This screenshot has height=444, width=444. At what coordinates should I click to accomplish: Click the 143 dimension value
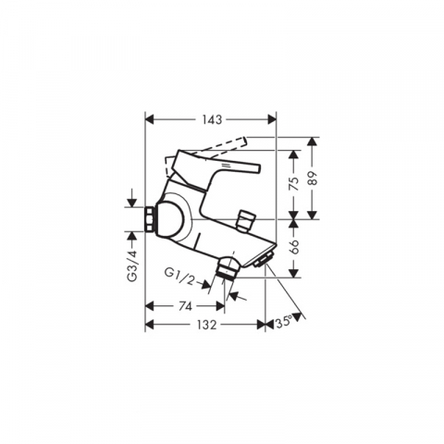point(212,119)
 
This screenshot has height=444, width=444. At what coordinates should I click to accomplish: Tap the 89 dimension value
point(313,178)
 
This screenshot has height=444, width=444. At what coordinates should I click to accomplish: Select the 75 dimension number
point(295,184)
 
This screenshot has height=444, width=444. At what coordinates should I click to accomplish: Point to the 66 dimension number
point(295,246)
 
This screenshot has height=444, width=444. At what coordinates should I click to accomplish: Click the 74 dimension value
point(185,306)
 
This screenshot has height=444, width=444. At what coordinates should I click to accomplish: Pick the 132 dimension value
point(206,325)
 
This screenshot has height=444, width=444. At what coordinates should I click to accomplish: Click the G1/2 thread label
point(180,276)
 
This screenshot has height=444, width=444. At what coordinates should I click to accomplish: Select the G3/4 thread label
point(132,265)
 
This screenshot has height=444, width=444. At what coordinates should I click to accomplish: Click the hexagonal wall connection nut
point(150,219)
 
